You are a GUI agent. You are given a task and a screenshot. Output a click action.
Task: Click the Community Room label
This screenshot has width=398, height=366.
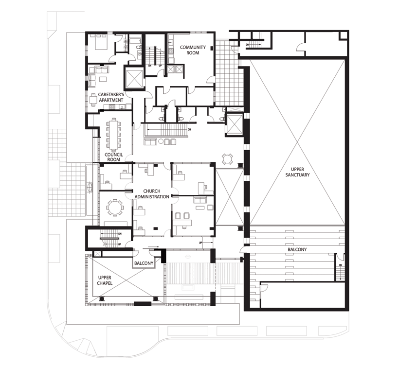click(193, 50)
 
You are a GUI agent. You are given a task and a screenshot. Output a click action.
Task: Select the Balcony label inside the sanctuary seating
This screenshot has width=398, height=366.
click(296, 249)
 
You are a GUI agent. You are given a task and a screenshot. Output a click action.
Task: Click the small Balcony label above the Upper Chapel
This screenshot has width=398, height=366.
click(144, 263)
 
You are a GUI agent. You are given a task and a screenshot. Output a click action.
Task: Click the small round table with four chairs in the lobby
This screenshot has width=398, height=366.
click(227, 158)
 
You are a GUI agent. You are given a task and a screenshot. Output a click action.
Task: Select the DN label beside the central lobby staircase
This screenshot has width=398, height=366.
click(189, 130)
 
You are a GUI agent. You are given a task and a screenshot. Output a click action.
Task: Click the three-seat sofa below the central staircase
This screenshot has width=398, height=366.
click(167, 142)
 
